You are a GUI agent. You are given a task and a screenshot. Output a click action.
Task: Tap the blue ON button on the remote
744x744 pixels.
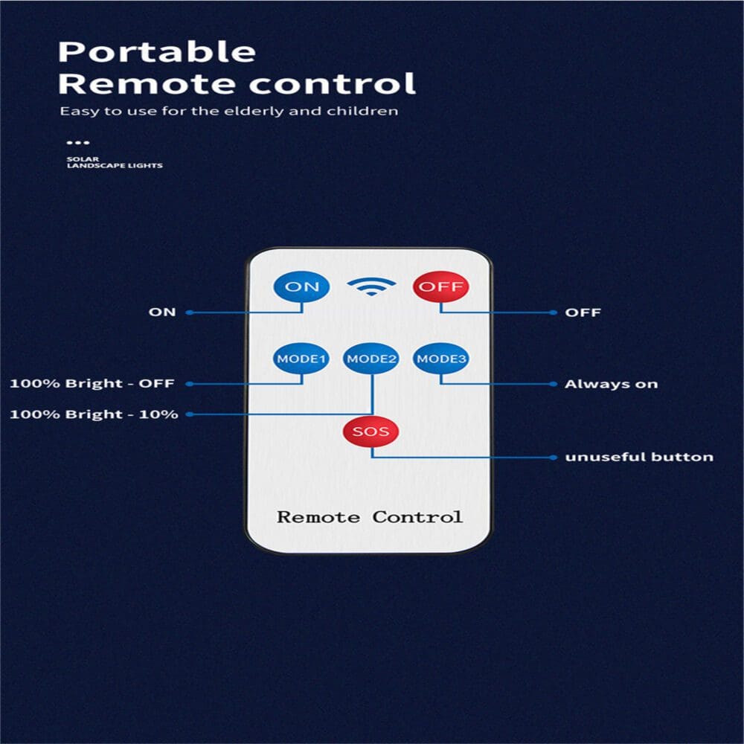click(301, 286)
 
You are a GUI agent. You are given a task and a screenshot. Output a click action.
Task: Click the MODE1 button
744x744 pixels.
click(301, 359)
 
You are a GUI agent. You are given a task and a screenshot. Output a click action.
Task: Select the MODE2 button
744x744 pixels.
click(372, 359)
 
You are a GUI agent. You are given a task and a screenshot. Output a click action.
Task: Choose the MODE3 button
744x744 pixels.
click(441, 359)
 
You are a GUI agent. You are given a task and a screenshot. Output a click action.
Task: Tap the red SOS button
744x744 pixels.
click(371, 432)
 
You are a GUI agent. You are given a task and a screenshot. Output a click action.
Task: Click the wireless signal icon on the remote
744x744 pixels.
click(371, 286)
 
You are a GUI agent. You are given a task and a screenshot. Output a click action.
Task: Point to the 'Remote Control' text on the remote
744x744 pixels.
click(370, 516)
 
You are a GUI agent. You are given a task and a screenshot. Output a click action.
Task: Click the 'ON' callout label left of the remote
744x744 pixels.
click(162, 312)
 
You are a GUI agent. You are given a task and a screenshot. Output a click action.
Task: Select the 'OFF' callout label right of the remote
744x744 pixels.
click(583, 312)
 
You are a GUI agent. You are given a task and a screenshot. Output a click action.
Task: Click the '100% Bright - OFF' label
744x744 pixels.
click(92, 384)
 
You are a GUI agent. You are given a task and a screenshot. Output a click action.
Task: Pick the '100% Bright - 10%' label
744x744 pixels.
click(94, 414)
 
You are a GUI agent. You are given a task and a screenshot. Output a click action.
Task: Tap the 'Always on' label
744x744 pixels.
click(611, 384)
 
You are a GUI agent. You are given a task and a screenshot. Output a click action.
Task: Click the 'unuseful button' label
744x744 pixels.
click(639, 456)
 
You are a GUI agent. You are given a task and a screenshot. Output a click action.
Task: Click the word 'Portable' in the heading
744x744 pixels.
click(157, 52)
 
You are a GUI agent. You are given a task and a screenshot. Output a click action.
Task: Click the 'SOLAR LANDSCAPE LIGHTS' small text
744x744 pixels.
click(114, 162)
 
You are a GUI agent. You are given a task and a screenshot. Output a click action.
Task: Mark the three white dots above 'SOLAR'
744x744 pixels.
click(77, 142)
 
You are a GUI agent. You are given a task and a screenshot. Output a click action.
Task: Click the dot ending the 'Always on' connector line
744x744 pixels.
click(552, 384)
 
